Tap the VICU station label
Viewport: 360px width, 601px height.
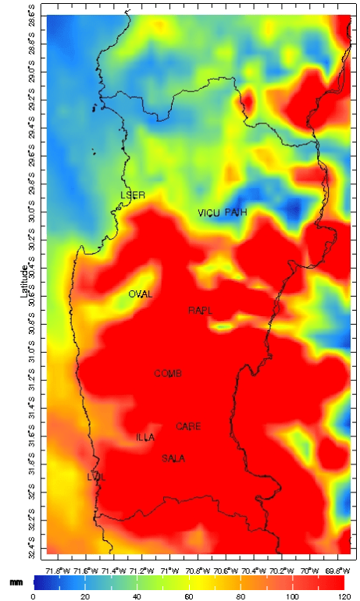(x=209, y=212)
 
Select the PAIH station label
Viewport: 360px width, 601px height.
(x=236, y=212)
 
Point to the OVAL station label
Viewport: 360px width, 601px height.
(x=141, y=294)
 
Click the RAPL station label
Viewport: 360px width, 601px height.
(x=200, y=311)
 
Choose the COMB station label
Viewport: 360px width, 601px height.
(x=168, y=374)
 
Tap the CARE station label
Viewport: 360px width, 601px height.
(x=188, y=426)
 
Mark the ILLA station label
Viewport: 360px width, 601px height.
(x=145, y=437)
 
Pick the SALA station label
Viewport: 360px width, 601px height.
(x=173, y=458)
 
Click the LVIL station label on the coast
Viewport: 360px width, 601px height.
(x=96, y=476)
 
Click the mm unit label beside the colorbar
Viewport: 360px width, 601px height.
(x=15, y=582)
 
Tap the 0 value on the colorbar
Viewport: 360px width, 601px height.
(x=33, y=596)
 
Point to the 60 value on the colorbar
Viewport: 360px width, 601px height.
(x=188, y=596)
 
